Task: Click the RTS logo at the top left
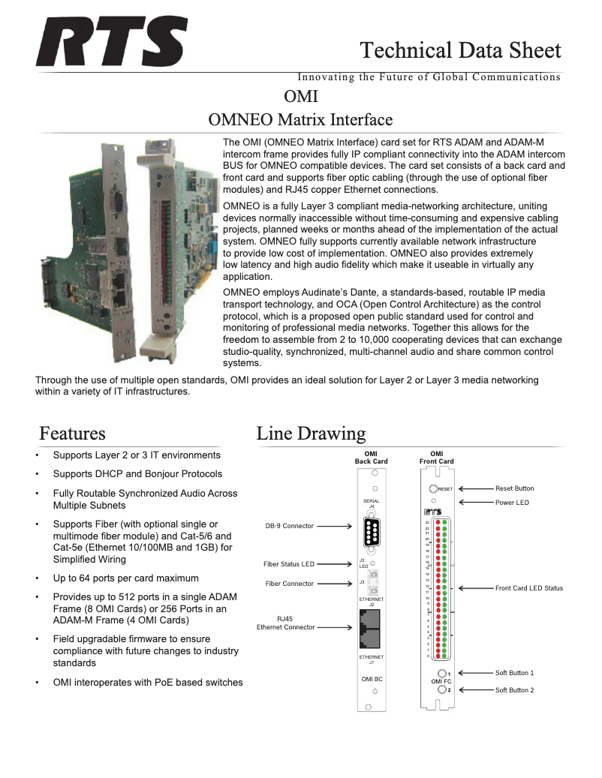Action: tap(112, 44)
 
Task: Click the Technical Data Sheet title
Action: tap(460, 50)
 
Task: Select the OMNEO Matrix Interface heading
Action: tap(300, 119)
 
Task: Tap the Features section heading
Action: tap(72, 434)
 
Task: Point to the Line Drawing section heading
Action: tap(311, 434)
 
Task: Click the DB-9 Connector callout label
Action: tap(290, 527)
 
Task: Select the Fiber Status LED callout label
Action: tap(288, 564)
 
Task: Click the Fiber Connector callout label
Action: tap(290, 583)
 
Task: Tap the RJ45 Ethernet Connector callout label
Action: tap(285, 623)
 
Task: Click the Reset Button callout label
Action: tap(514, 488)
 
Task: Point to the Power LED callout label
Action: tap(512, 503)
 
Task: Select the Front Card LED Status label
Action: tap(528, 588)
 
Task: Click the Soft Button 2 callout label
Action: tap(514, 689)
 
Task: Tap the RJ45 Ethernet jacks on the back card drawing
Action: tap(371, 630)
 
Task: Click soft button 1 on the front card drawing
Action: tap(443, 673)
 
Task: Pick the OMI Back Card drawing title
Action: tap(371, 458)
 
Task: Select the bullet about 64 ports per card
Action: tap(125, 578)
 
